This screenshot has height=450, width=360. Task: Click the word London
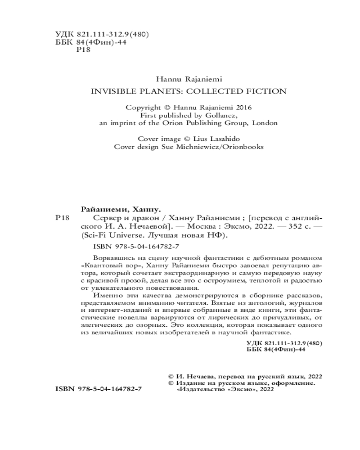point(265,122)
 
